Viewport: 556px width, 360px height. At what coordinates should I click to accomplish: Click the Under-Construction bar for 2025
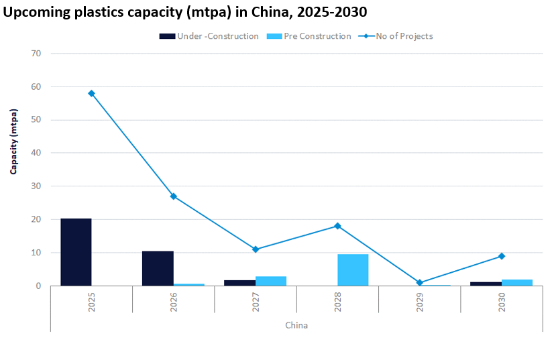pyautogui.click(x=76, y=252)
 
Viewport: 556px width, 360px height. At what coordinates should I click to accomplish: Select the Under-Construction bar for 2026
pyautogui.click(x=158, y=268)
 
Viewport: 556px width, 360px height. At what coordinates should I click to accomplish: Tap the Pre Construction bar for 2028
pyautogui.click(x=353, y=270)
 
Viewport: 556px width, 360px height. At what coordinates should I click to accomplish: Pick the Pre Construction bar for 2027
pyautogui.click(x=271, y=281)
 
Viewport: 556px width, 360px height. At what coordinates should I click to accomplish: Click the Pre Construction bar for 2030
pyautogui.click(x=517, y=282)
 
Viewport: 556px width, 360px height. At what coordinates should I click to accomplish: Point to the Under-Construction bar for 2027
pyautogui.click(x=239, y=283)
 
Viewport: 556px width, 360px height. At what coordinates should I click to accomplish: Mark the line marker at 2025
pyautogui.click(x=91, y=93)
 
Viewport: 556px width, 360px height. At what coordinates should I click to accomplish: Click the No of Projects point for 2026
pyautogui.click(x=174, y=196)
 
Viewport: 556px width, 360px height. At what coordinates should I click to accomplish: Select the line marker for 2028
pyautogui.click(x=337, y=226)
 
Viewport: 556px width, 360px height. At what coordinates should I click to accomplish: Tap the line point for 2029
pyautogui.click(x=420, y=282)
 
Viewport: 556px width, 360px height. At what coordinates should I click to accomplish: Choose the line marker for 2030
pyautogui.click(x=502, y=256)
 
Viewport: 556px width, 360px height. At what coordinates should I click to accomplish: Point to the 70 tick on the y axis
pyautogui.click(x=36, y=54)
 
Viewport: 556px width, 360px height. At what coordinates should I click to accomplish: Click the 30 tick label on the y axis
pyautogui.click(x=36, y=186)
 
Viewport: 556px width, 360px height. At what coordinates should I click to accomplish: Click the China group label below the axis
pyautogui.click(x=296, y=326)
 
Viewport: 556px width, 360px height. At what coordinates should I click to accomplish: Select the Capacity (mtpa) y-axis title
pyautogui.click(x=14, y=142)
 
